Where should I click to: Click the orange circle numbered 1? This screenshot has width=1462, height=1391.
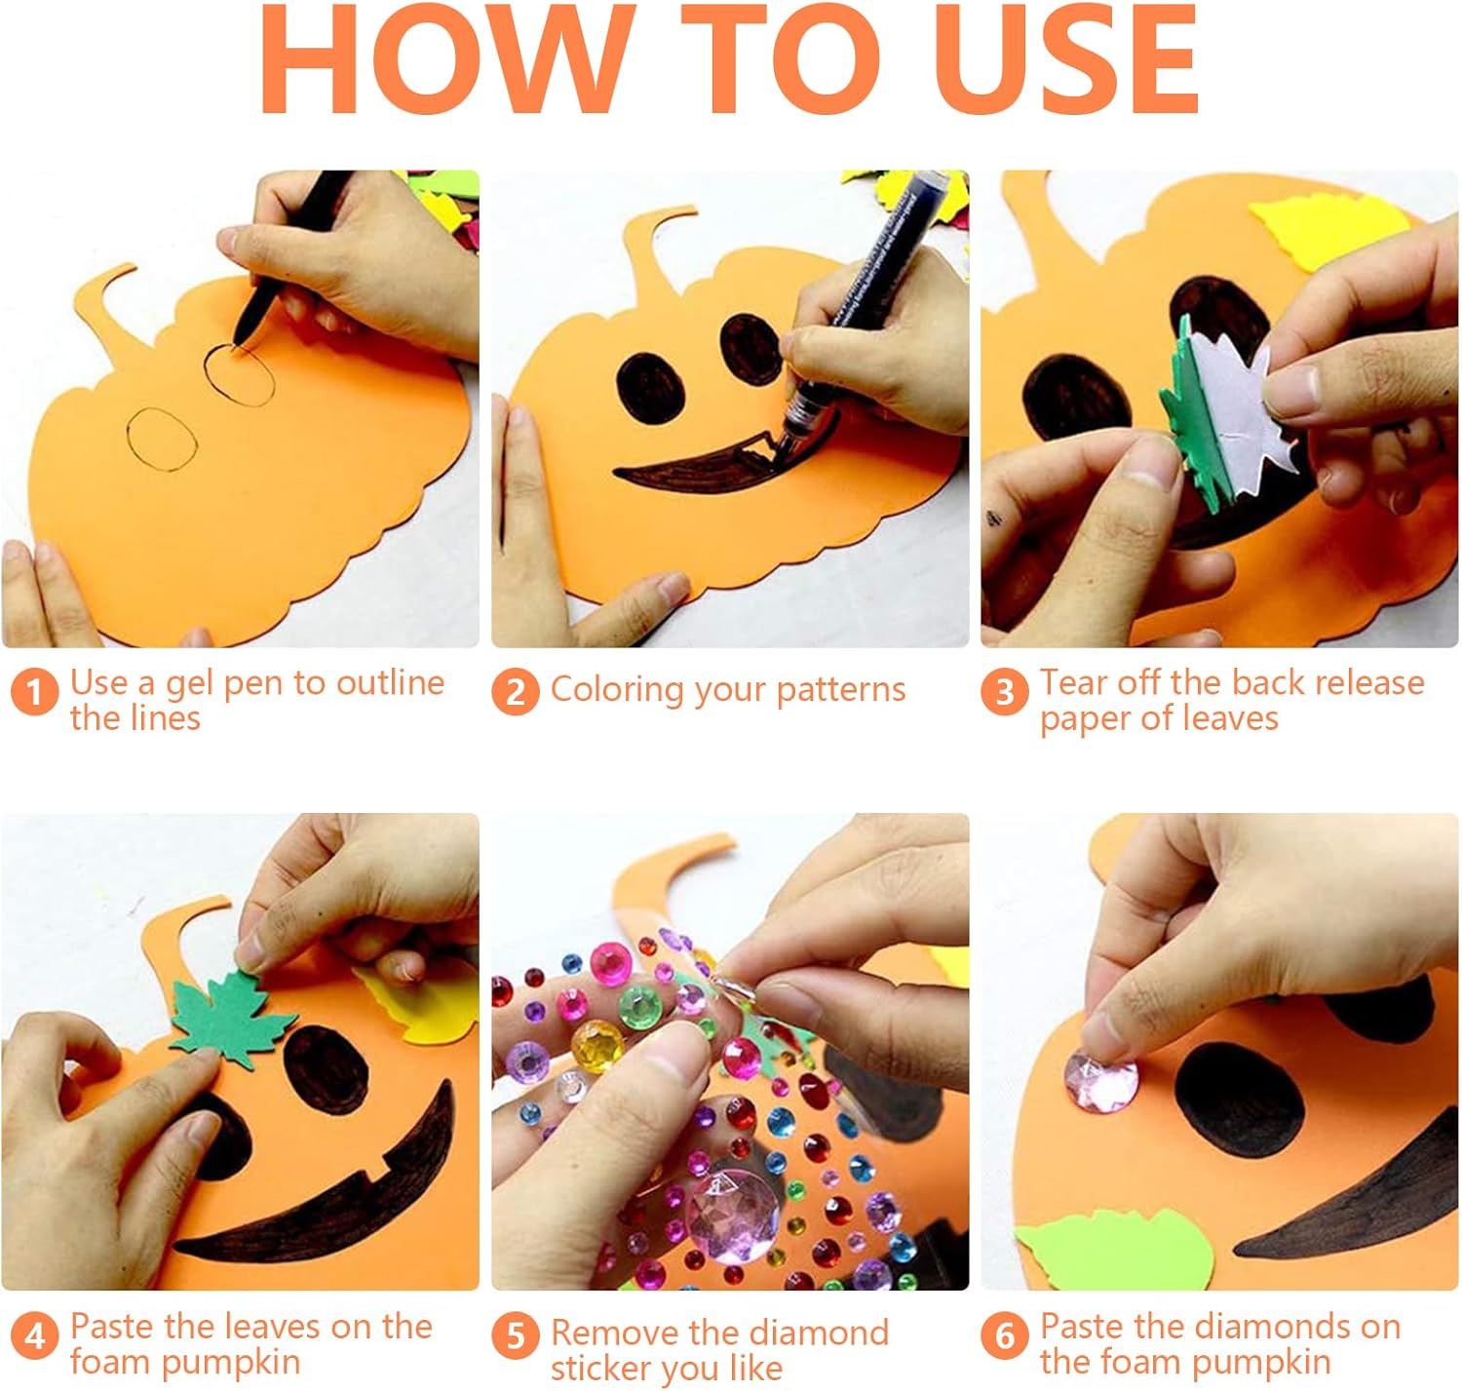click(x=34, y=692)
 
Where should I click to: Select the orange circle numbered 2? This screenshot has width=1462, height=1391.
click(x=516, y=692)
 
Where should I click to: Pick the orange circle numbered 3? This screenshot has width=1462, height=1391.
click(x=1005, y=692)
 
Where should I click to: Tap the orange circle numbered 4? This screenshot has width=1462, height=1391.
click(x=34, y=1336)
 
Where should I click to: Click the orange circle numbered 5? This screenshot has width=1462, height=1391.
click(x=516, y=1336)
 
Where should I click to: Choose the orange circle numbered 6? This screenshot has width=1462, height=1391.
click(x=1005, y=1336)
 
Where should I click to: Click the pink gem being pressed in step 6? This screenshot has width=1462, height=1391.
click(x=1100, y=1082)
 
